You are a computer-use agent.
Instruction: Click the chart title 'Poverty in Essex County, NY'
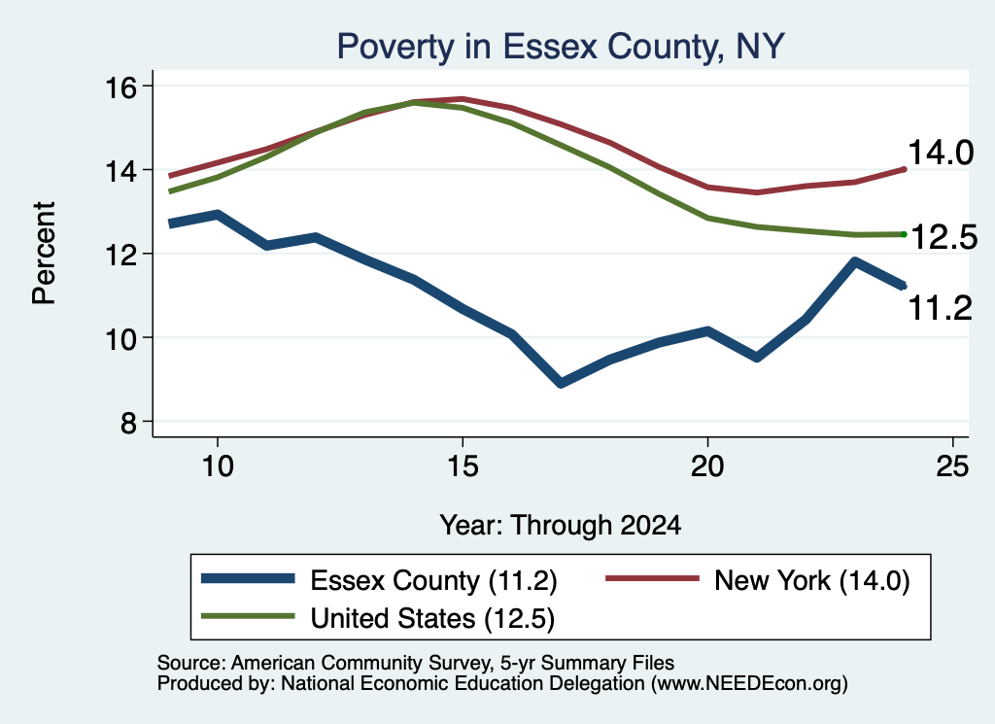pyautogui.click(x=561, y=47)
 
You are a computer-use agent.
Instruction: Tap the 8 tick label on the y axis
pyautogui.click(x=128, y=422)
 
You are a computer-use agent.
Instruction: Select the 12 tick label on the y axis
pyautogui.click(x=120, y=255)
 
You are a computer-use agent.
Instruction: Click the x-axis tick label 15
pyautogui.click(x=463, y=467)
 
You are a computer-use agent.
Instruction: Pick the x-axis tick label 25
pyautogui.click(x=952, y=467)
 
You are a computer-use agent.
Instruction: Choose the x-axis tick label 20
pyautogui.click(x=707, y=467)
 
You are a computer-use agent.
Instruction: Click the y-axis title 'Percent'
pyautogui.click(x=44, y=254)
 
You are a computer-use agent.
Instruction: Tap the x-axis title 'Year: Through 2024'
pyautogui.click(x=561, y=526)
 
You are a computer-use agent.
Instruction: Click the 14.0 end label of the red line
pyautogui.click(x=941, y=153)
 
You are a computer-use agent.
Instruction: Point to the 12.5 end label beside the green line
pyautogui.click(x=944, y=237)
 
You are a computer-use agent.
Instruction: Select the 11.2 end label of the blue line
pyautogui.click(x=941, y=308)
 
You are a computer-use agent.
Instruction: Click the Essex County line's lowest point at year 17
pyautogui.click(x=561, y=383)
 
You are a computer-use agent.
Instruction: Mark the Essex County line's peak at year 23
pyautogui.click(x=855, y=261)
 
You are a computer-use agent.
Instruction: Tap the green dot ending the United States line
pyautogui.click(x=904, y=234)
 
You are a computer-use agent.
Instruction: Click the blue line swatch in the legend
pyautogui.click(x=248, y=578)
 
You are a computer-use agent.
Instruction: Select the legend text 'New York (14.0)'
pyautogui.click(x=811, y=580)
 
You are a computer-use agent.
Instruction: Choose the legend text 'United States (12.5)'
pyautogui.click(x=432, y=619)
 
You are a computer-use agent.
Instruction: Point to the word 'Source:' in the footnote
pyautogui.click(x=191, y=663)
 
